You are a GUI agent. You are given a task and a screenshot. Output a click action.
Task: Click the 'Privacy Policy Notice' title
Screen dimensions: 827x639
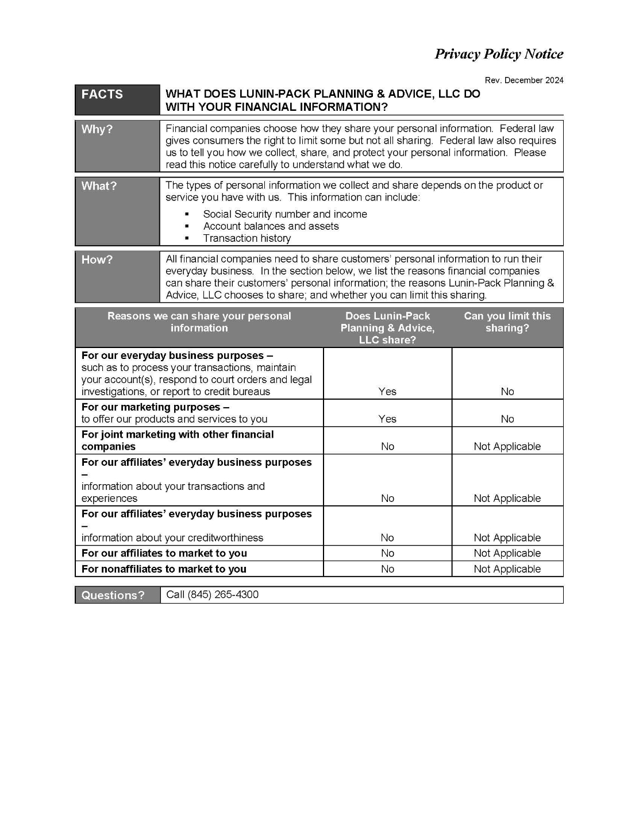(x=498, y=54)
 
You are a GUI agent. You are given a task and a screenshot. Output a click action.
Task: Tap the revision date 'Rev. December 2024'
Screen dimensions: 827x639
(x=523, y=80)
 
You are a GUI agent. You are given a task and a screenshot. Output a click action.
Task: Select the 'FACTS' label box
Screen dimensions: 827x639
(x=102, y=95)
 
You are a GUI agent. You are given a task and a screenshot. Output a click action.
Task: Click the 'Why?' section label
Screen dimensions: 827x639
(x=97, y=129)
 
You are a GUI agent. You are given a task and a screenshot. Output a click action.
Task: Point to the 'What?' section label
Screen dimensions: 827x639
(x=99, y=186)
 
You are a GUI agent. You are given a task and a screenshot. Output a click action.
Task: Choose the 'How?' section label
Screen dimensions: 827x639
(x=97, y=260)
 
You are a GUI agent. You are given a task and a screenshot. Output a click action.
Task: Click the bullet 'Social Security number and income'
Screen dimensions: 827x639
(x=284, y=214)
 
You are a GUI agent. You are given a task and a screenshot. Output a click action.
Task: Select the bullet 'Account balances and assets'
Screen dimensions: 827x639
(x=271, y=226)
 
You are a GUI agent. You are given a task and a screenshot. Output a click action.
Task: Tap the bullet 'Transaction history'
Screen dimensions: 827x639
(x=247, y=238)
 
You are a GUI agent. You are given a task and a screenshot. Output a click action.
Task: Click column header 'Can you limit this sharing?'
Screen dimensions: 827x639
(x=507, y=322)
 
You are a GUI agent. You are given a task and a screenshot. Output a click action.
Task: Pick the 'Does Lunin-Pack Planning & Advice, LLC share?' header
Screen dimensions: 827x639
(x=387, y=328)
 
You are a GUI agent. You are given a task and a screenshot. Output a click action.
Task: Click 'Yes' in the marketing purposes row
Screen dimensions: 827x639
(x=387, y=419)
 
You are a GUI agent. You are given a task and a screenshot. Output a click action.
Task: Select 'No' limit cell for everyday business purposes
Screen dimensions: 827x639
(x=507, y=392)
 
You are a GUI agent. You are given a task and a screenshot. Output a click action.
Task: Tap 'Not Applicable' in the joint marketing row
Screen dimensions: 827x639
(x=507, y=447)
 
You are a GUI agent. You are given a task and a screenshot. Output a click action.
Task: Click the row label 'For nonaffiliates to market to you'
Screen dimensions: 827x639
(x=164, y=569)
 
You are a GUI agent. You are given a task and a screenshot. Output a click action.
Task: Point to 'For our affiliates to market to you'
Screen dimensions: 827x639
(x=164, y=554)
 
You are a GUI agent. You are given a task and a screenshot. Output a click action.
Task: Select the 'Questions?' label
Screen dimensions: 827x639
(x=113, y=596)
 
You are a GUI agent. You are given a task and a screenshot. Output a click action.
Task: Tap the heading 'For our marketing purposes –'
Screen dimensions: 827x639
(x=155, y=407)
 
